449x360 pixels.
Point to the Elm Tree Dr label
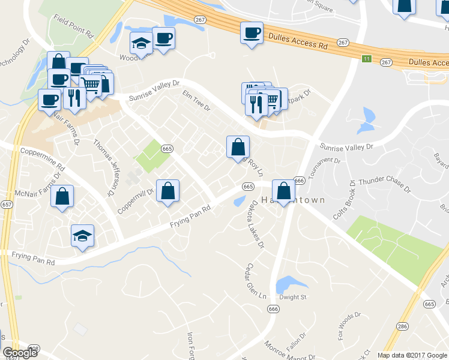196,100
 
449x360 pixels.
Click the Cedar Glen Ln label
256,281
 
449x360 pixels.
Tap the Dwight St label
292,297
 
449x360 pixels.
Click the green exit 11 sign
366,58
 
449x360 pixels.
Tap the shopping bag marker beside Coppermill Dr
168,191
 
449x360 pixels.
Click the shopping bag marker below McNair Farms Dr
62,196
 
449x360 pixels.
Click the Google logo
20,353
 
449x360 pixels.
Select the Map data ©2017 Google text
412,355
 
